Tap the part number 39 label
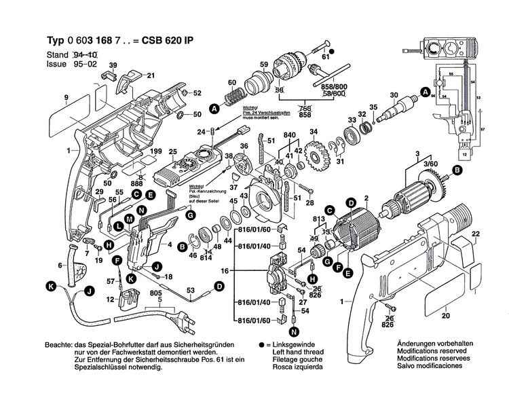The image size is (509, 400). coord(113,65)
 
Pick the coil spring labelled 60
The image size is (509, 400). coord(233,98)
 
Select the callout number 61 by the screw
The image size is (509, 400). coord(326,58)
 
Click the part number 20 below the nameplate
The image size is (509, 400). coord(445,316)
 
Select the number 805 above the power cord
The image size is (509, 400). coord(155,293)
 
